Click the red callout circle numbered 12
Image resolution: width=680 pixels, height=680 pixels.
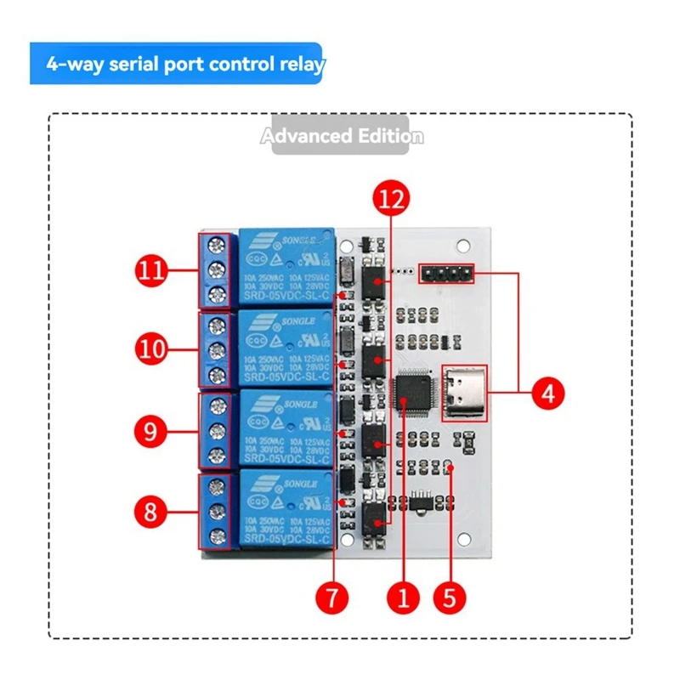coord(391,200)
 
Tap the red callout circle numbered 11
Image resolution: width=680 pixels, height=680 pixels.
coord(152,271)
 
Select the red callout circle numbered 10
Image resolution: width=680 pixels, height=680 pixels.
coord(152,348)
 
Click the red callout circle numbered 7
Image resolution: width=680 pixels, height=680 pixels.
coord(332,596)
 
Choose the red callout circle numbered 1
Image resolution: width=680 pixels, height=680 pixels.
coord(403,596)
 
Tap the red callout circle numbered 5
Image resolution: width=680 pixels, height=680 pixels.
coord(450,596)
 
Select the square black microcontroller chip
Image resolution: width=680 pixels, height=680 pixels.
coord(414,394)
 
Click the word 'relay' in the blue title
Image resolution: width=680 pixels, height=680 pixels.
coord(299,65)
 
